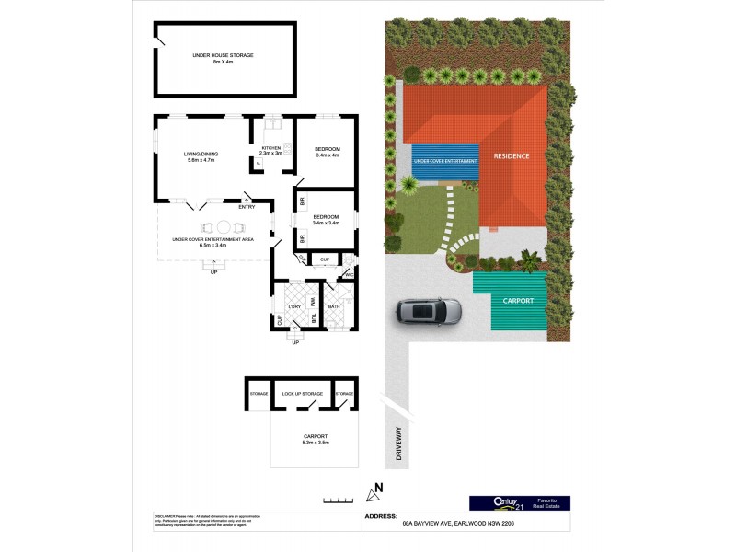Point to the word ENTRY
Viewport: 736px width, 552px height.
(247, 206)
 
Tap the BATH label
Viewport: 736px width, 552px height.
(335, 306)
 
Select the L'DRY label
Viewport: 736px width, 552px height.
(295, 306)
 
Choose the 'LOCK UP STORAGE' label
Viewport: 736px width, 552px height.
(302, 394)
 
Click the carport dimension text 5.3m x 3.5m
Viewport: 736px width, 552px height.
(315, 443)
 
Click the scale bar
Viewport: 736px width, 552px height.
(338, 500)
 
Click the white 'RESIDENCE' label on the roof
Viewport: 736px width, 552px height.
(512, 155)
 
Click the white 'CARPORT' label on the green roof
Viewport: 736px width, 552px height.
(518, 300)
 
